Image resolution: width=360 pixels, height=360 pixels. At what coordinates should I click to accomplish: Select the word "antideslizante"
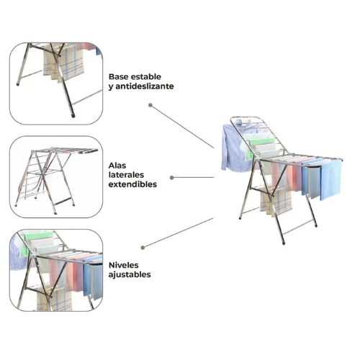tap(145, 86)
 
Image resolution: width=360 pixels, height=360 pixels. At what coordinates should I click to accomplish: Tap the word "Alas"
tap(117, 166)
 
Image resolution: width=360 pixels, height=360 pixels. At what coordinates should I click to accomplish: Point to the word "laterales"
tap(126, 175)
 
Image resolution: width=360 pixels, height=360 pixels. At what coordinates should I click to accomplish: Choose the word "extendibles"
tap(132, 184)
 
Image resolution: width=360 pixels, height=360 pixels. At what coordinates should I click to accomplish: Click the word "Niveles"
tap(124, 265)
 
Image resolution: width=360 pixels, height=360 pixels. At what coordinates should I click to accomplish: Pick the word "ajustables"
tap(130, 275)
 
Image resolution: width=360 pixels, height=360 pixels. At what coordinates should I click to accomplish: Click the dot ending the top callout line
tap(150, 105)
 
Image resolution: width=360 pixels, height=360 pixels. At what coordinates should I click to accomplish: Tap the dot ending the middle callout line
tap(172, 178)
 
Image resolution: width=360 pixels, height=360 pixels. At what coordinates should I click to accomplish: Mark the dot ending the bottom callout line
tap(143, 248)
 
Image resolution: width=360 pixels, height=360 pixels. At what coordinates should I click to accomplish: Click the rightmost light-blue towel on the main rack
tap(330, 179)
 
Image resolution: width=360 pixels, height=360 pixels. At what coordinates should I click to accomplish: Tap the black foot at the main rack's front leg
tap(284, 243)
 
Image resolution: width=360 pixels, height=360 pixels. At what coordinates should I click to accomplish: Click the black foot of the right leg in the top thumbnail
tap(73, 116)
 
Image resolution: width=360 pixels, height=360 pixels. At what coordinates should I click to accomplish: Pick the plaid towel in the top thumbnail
tap(63, 63)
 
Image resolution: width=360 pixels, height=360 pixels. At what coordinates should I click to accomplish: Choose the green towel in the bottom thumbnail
tap(38, 236)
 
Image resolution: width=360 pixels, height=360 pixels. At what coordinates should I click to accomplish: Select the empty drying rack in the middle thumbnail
tap(56, 180)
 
